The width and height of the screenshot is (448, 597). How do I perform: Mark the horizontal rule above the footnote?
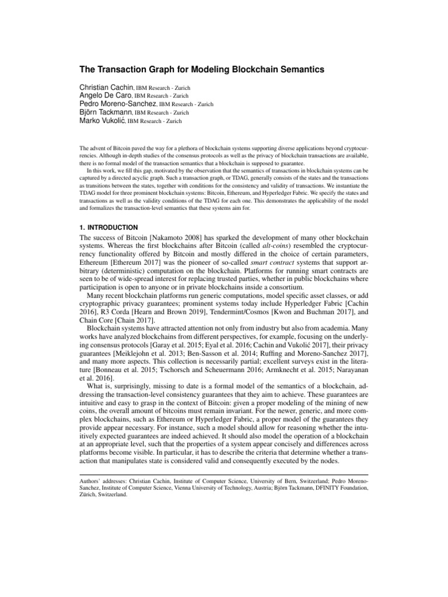224,473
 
